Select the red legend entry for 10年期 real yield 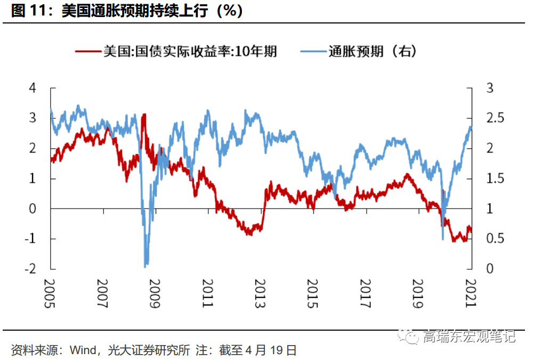tap(176, 51)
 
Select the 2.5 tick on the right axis tap(494, 118)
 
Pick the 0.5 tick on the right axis tap(494, 238)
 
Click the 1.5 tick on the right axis tap(494, 178)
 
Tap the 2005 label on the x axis tap(50, 293)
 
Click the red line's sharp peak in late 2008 tap(143, 115)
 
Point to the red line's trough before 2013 tap(249, 233)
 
